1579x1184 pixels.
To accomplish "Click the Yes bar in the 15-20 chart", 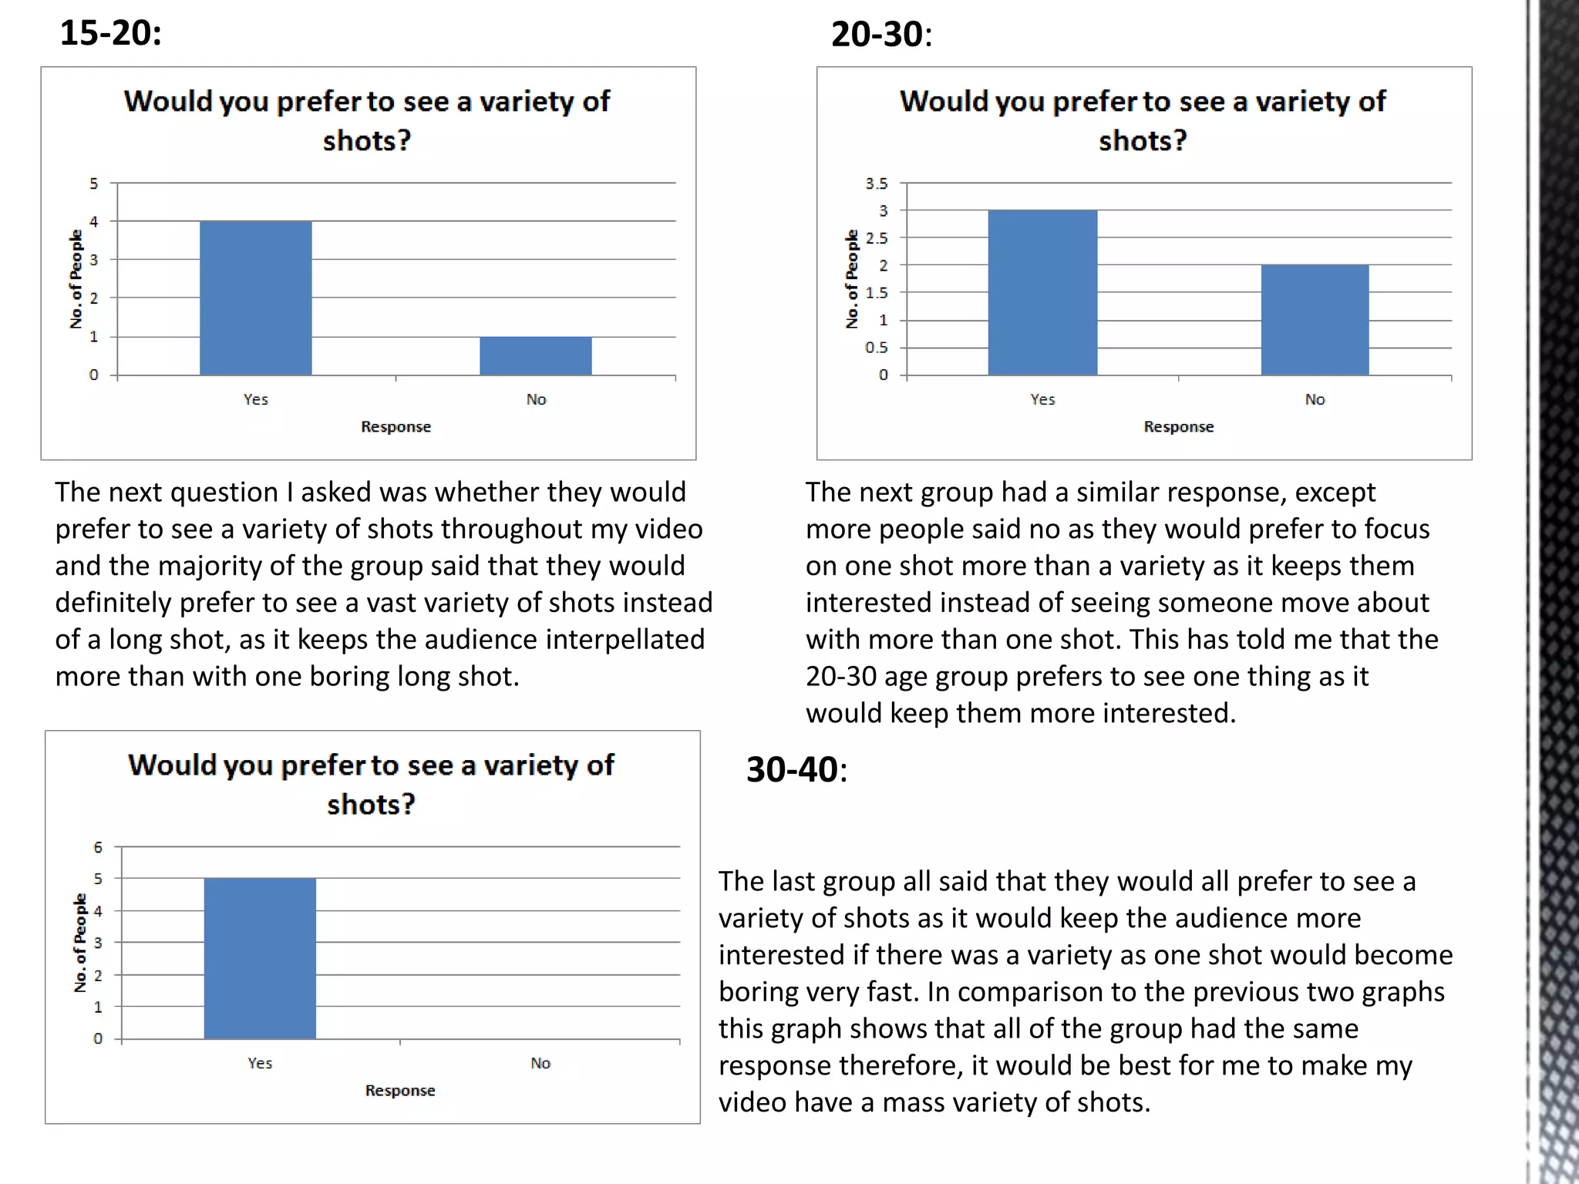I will (255, 298).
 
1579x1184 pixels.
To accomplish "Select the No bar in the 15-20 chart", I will (535, 356).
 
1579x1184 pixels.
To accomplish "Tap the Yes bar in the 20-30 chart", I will (1042, 293).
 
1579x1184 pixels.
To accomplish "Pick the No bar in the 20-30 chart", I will (1315, 320).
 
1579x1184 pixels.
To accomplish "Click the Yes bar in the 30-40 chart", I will (260, 958).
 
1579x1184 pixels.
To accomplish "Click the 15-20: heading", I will (110, 33).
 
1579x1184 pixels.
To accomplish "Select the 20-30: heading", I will (881, 35).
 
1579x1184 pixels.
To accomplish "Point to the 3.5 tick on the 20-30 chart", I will (876, 183).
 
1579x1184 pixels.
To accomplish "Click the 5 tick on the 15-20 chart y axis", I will (93, 183).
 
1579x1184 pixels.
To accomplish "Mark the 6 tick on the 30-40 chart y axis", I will (98, 847).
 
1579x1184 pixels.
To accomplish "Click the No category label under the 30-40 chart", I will (540, 1063).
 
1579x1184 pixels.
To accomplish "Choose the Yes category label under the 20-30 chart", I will (1042, 399).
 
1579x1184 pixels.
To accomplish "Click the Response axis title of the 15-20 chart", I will (396, 426).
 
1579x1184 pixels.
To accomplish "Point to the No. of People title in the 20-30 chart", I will (851, 279).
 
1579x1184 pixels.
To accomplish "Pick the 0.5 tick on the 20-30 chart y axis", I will (876, 348).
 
